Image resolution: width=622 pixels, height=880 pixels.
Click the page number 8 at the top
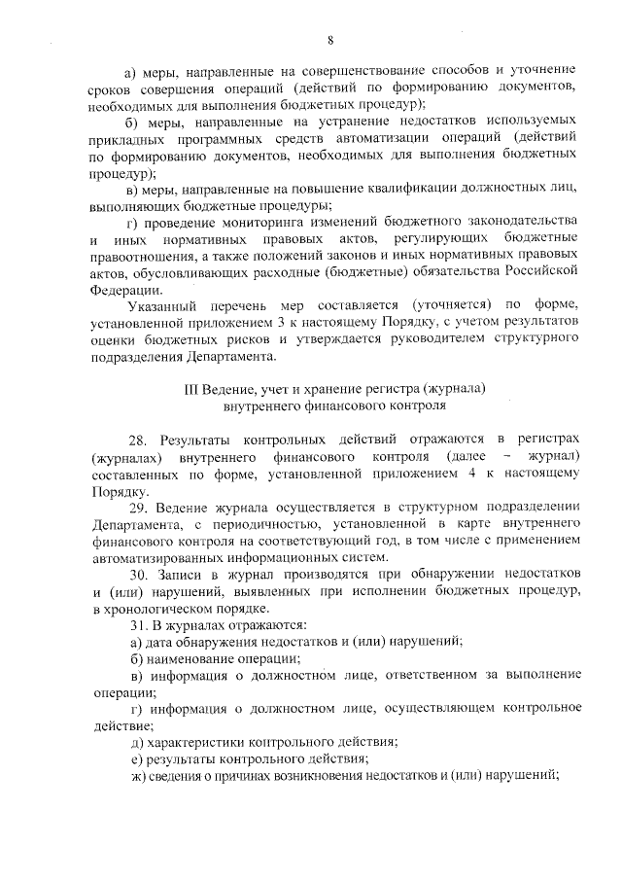[x=329, y=40]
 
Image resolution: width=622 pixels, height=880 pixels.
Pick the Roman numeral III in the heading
[x=192, y=387]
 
